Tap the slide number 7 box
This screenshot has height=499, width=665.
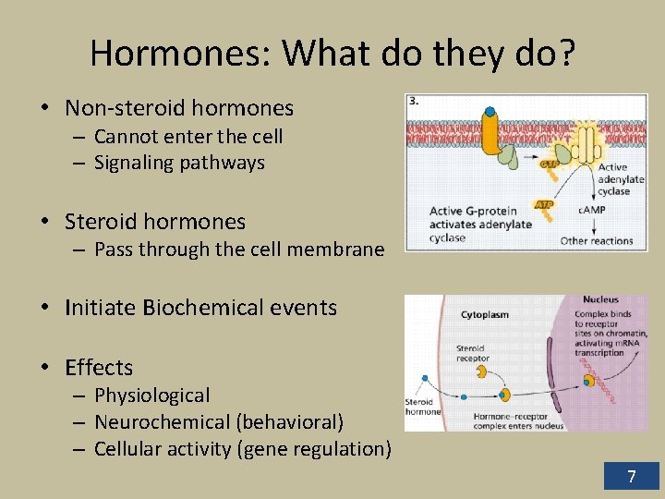pos(631,477)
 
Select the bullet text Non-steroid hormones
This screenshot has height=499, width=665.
pos(179,108)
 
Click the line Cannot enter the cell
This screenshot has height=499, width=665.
pos(188,137)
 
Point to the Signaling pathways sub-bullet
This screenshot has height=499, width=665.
pos(179,164)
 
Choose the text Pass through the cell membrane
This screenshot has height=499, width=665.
pos(239,249)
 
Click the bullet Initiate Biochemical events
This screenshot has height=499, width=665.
pos(200,308)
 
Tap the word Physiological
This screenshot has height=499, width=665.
pos(152,396)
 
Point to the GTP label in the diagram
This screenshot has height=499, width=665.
pos(524,162)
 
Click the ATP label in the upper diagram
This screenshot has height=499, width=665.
pos(544,204)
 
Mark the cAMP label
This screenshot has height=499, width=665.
pos(591,211)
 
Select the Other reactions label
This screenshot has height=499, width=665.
pos(597,241)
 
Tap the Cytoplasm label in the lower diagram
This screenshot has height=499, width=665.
pos(484,315)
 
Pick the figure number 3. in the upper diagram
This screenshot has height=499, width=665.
pos(415,102)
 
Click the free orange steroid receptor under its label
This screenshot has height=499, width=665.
pos(481,371)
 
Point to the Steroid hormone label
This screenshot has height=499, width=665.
pos(423,407)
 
